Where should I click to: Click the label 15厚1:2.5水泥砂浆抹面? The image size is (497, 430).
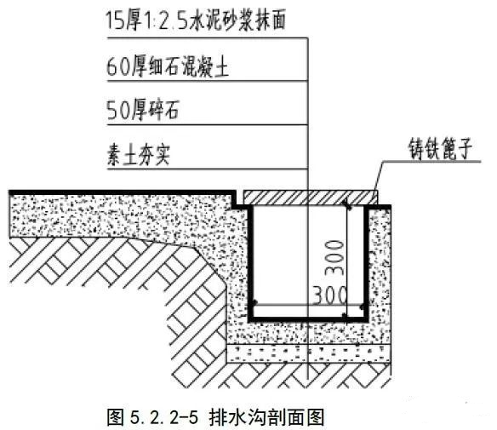(x=196, y=20)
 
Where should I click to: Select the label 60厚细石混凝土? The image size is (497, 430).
(x=168, y=67)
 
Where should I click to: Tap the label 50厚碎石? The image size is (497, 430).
(x=143, y=110)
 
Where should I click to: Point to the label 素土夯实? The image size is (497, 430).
(x=139, y=155)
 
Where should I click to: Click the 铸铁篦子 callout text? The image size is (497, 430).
(x=440, y=148)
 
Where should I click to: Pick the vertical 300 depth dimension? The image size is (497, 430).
(x=335, y=257)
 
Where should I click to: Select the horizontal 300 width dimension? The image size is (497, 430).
(x=329, y=295)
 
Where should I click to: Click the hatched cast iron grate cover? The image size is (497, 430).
(x=311, y=198)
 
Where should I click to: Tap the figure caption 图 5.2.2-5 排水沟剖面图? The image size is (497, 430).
(x=215, y=416)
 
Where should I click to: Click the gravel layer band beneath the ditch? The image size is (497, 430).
(x=308, y=353)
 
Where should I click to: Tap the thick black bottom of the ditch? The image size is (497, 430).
(x=308, y=319)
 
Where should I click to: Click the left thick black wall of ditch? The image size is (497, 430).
(x=251, y=264)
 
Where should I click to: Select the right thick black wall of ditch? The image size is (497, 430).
(x=367, y=264)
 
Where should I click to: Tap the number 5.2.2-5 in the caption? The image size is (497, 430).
(x=164, y=417)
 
